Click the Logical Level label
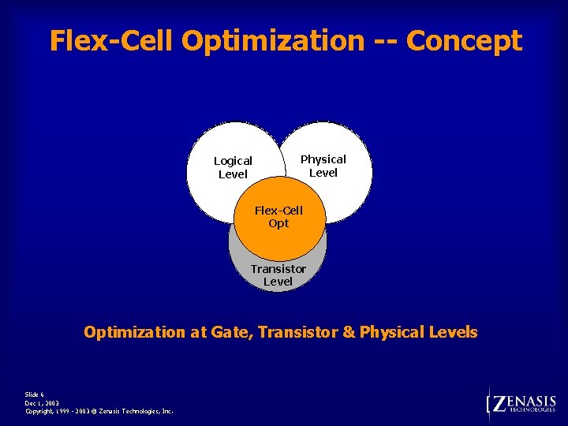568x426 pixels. click(x=233, y=167)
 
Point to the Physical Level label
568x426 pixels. click(x=323, y=166)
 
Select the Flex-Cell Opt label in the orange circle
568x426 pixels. click(x=278, y=217)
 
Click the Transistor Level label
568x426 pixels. click(x=278, y=275)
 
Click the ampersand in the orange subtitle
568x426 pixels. click(x=348, y=332)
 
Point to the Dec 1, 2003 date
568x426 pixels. click(x=42, y=402)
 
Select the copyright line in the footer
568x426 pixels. click(x=99, y=411)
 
